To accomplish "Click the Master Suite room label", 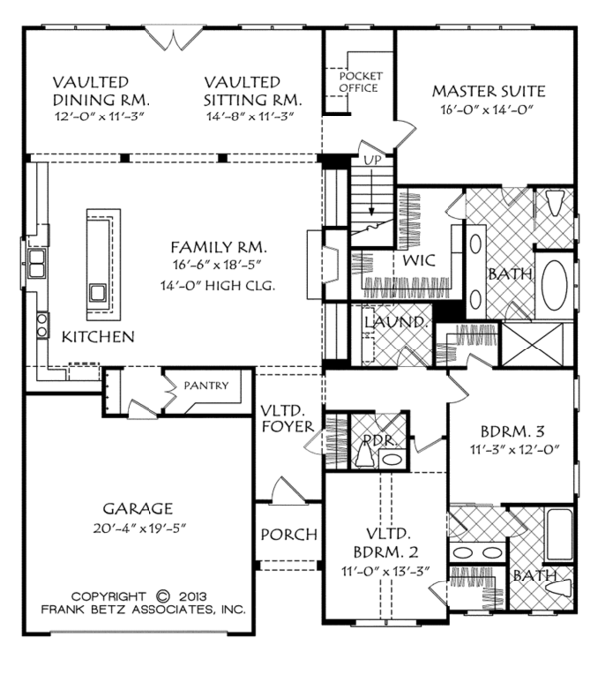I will [x=488, y=92].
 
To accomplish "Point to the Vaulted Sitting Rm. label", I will [x=256, y=91].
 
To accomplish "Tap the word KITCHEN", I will [x=98, y=337].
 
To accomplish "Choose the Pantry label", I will [x=205, y=386].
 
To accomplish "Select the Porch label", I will [x=288, y=534].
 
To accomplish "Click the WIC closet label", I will [x=418, y=261].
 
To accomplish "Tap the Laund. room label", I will [x=396, y=323].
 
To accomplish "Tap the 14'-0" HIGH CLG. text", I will [x=219, y=286].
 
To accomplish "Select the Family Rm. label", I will [x=219, y=246].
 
